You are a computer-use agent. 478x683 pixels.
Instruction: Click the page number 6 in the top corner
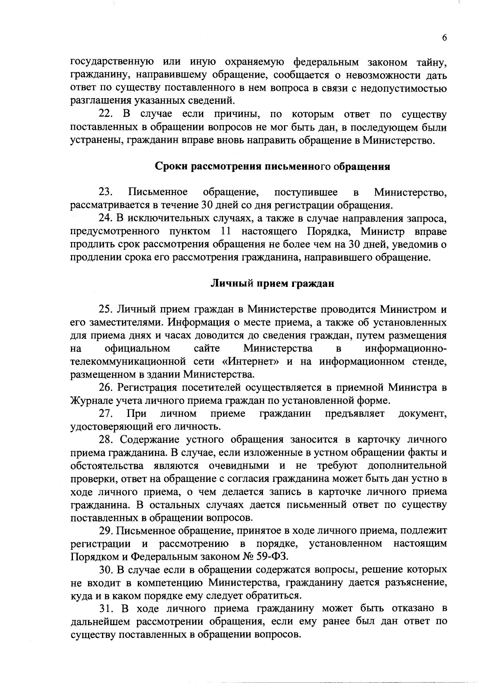444,38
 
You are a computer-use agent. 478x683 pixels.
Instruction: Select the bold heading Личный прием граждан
272,284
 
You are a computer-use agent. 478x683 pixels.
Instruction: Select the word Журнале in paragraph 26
86,401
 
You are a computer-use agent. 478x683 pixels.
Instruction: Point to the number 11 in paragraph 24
226,232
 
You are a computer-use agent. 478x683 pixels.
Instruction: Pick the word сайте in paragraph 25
207,349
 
